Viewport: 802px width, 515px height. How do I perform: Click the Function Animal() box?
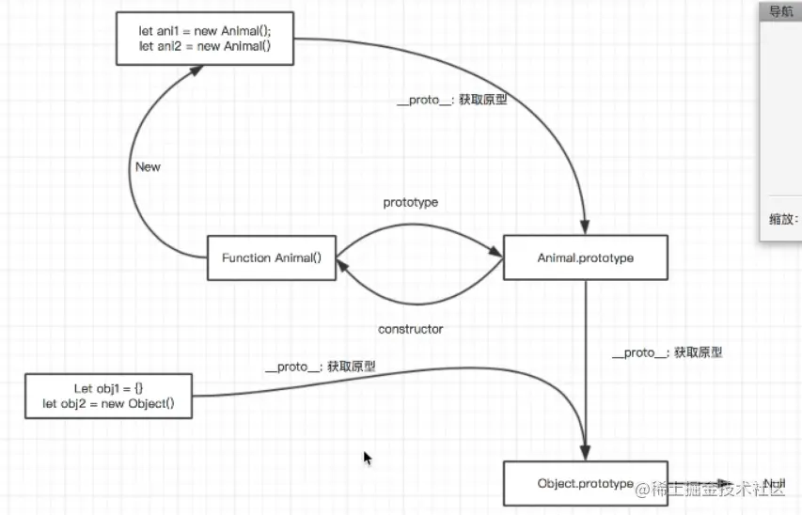tap(272, 257)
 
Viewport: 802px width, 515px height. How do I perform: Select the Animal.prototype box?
tap(586, 257)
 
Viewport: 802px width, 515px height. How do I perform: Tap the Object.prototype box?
tap(585, 483)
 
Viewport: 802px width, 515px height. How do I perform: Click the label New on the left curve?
tap(148, 167)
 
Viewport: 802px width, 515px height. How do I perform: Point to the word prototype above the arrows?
tap(410, 202)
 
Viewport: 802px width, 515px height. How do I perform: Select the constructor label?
tap(410, 329)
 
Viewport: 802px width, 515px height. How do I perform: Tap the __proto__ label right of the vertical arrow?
tap(667, 352)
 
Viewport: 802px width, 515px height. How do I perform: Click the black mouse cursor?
tap(368, 458)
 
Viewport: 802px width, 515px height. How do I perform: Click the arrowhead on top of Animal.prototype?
tap(586, 228)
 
